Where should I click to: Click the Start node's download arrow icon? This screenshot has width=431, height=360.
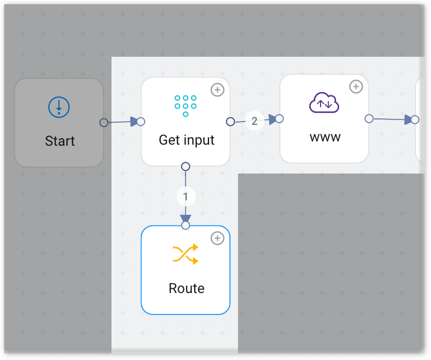point(59,108)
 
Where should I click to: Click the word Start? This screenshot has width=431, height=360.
point(60,141)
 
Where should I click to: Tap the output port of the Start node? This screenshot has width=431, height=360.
point(104,123)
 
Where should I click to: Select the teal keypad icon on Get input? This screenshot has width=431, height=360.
point(185,106)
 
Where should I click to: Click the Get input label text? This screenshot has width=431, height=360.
point(187,140)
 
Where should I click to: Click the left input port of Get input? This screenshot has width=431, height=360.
point(141,122)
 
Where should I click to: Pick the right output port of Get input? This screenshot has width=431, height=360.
point(231,122)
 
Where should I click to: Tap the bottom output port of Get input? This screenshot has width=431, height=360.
point(185,166)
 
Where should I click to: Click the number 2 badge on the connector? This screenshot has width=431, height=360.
point(255,121)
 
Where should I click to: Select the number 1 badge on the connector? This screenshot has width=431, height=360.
point(185,197)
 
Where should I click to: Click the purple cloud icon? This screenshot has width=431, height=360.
point(324,102)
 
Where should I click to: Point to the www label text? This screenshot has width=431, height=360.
point(325,137)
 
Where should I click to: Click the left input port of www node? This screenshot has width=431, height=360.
point(279,118)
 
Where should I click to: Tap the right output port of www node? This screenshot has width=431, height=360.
point(369,118)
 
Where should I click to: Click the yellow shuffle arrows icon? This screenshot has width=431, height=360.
point(185,254)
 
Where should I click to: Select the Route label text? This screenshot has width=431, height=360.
point(187,288)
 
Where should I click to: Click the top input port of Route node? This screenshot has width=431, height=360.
point(185,226)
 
